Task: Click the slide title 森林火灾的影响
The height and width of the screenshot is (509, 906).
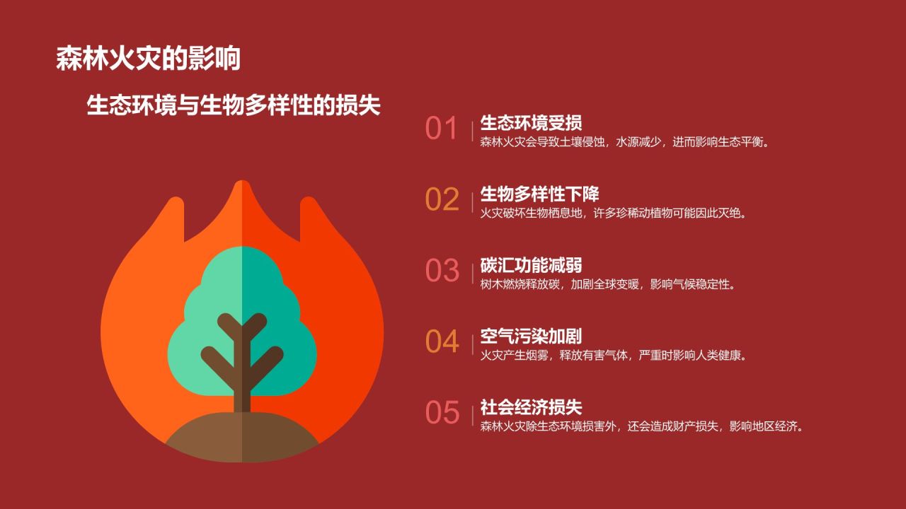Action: (149, 59)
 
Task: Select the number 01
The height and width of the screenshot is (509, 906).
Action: (442, 129)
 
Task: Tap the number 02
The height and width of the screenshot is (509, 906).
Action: (442, 200)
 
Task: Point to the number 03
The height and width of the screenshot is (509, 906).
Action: (442, 271)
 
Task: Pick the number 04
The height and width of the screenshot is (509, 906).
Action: (442, 341)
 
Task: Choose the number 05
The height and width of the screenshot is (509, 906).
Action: (442, 412)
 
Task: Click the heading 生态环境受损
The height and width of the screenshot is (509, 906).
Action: (531, 122)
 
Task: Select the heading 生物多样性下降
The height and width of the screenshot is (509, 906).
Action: (539, 194)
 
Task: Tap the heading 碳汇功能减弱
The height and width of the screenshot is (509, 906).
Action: (531, 265)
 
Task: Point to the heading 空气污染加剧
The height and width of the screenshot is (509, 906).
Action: (531, 336)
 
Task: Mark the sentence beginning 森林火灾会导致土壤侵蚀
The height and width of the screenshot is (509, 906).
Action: (624, 141)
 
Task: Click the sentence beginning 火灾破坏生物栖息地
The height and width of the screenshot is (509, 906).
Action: (613, 213)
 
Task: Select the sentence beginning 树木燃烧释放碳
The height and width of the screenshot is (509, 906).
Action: (608, 284)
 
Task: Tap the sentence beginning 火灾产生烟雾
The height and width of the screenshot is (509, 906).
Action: (613, 355)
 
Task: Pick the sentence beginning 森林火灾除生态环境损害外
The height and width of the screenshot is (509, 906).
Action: (641, 426)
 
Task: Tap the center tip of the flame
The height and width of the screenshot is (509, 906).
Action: (242, 185)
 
